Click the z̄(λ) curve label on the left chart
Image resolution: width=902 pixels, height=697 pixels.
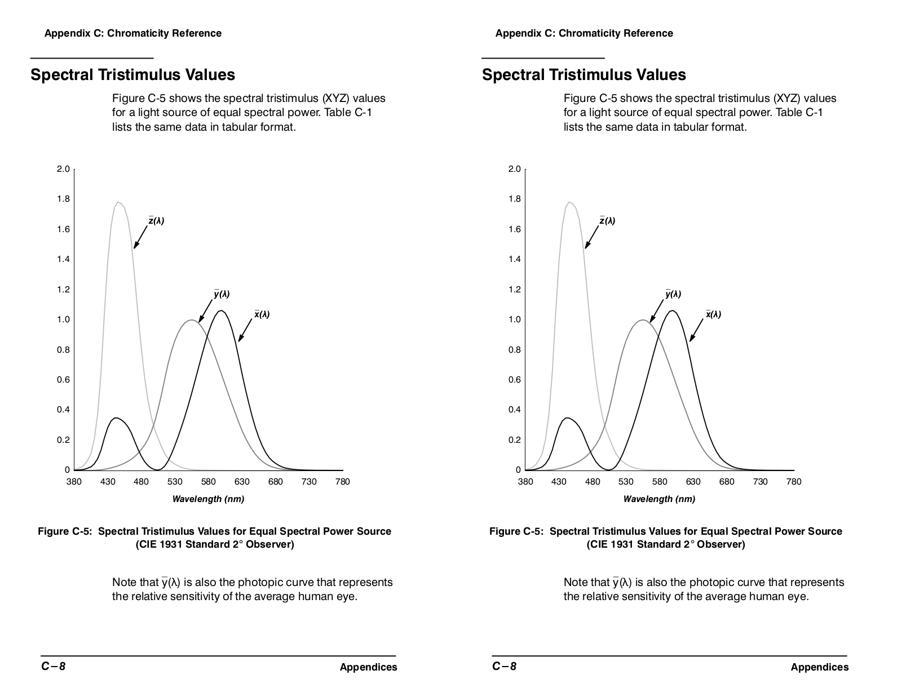click(157, 220)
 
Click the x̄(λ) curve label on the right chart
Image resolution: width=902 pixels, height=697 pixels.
click(713, 314)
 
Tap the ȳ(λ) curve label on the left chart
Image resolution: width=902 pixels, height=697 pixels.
click(222, 294)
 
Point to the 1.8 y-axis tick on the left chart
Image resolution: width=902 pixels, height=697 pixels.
click(64, 199)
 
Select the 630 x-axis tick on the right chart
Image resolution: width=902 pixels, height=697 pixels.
click(693, 482)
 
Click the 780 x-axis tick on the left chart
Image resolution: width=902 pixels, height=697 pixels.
click(342, 482)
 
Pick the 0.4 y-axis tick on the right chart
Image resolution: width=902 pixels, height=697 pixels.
click(515, 410)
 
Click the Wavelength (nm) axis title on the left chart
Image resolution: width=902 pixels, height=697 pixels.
click(208, 499)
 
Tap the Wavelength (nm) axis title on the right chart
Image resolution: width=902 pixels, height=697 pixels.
click(659, 499)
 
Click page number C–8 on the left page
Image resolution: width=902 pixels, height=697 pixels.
click(53, 667)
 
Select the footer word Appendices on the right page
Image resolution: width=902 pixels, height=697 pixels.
click(819, 667)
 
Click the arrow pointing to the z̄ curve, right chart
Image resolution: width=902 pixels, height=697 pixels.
click(592, 237)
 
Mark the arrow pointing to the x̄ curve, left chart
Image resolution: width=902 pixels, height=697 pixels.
click(245, 330)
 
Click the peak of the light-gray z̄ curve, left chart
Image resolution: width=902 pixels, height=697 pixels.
click(118, 202)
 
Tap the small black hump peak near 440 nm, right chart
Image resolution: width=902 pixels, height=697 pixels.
click(568, 418)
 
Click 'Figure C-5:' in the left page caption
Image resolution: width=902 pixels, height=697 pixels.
click(65, 531)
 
